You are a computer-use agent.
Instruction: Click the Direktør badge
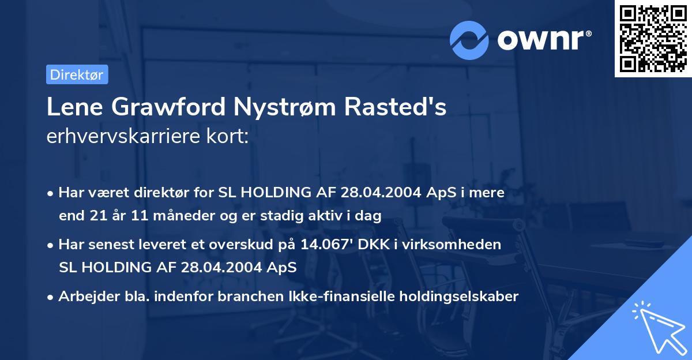pyautogui.click(x=76, y=74)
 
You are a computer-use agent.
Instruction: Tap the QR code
pyautogui.click(x=651, y=38)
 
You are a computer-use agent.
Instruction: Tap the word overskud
pyautogui.click(x=236, y=245)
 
